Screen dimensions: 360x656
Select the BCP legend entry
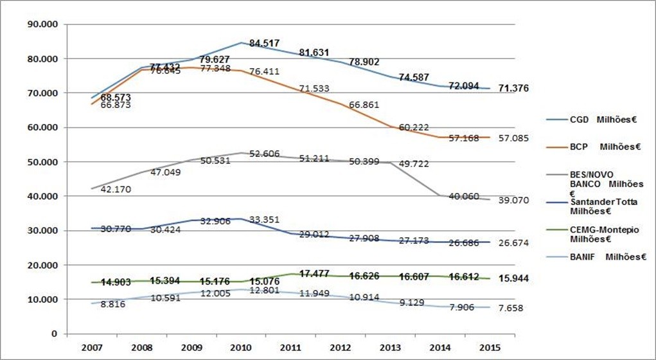point(591,147)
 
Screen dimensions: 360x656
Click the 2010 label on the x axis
point(242,348)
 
